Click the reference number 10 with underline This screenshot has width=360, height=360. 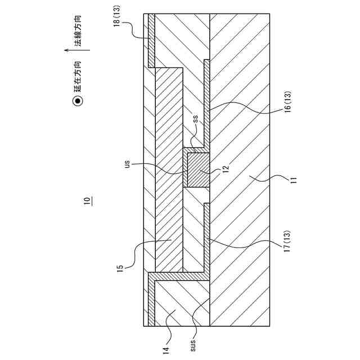coord(87,201)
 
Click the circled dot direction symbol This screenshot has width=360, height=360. coord(78,101)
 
